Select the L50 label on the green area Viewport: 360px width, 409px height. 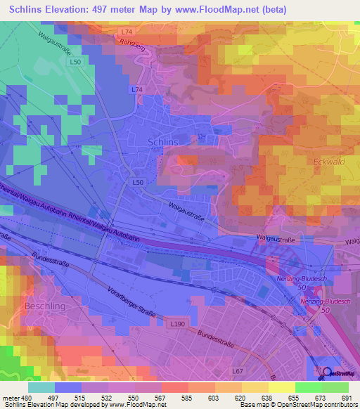75,63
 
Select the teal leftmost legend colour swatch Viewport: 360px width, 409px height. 41,387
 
